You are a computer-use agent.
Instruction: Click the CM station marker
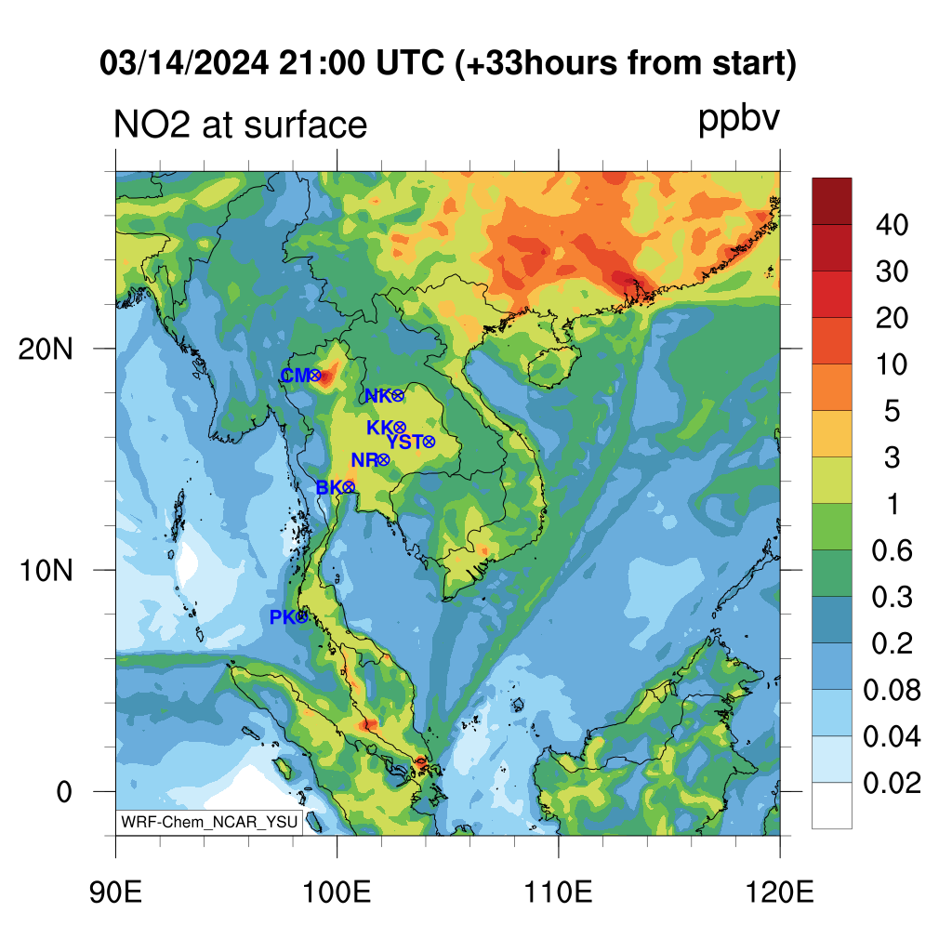pos(314,376)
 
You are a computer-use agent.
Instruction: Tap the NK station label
pos(377,396)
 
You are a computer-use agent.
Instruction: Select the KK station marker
pos(399,428)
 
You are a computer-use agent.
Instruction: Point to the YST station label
pos(404,442)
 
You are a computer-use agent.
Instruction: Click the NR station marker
pos(383,460)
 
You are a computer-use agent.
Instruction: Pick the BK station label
pos(329,487)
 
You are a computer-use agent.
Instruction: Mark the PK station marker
pos(302,617)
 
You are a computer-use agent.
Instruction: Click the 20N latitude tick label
pos(46,350)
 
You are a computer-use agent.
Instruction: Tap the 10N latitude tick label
pos(46,571)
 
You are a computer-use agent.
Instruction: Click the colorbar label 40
pos(892,225)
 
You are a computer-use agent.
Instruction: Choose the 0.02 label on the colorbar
pos(892,783)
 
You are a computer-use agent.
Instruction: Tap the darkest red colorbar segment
pos(832,202)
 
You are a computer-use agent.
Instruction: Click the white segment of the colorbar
pos(832,806)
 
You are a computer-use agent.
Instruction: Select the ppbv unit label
pos(738,120)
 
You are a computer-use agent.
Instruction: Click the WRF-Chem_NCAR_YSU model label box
pos(209,822)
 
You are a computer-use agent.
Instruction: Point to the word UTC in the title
pos(410,62)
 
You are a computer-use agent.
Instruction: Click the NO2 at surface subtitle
pos(241,126)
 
